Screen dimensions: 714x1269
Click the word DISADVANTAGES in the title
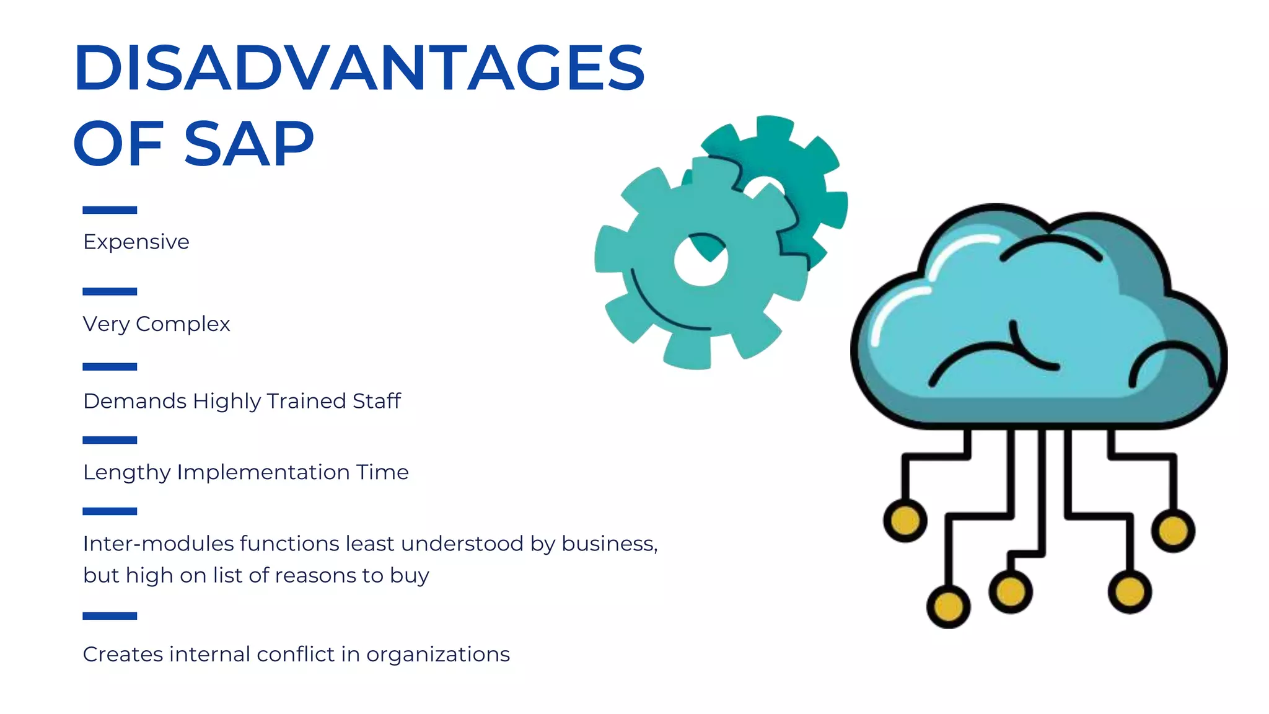(x=359, y=68)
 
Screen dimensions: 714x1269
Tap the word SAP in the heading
(x=249, y=144)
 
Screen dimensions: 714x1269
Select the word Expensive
(x=136, y=242)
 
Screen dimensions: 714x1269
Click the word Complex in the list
(x=183, y=324)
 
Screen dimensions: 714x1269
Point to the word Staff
(x=377, y=401)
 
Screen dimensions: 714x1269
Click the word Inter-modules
(x=159, y=544)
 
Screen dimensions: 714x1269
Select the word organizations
(x=438, y=654)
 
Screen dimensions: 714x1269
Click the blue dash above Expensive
(x=110, y=210)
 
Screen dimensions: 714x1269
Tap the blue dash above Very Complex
(x=110, y=291)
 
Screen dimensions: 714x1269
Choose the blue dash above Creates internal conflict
(x=110, y=616)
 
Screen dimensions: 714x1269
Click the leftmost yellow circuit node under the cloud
(x=905, y=521)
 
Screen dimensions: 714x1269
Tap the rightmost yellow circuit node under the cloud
(x=1173, y=531)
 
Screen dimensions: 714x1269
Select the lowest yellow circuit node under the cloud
(x=948, y=606)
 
